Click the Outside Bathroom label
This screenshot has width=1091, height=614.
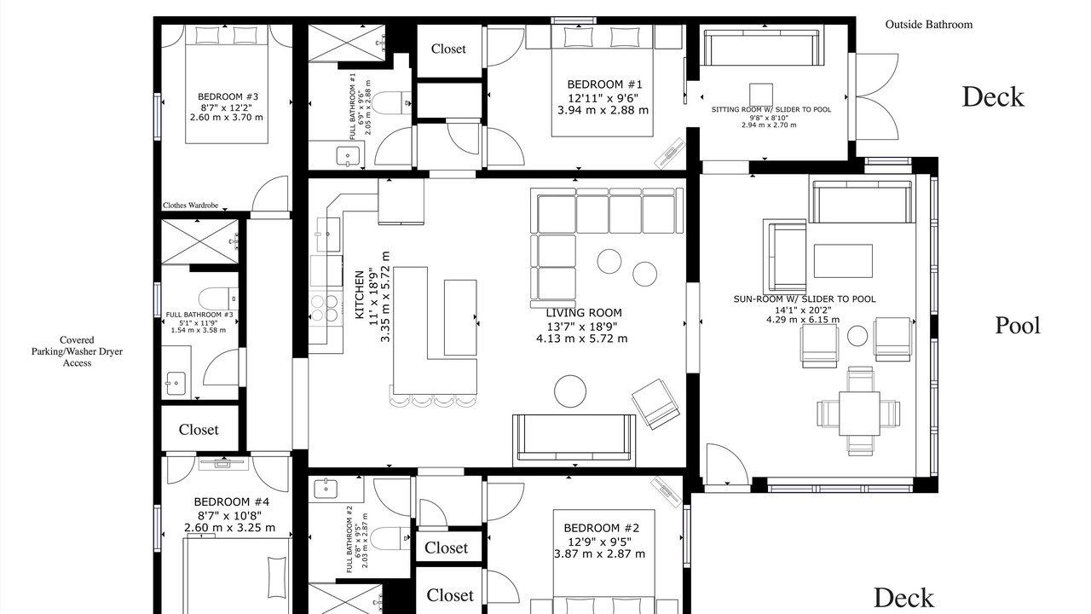point(928,25)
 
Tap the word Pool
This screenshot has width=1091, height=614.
point(1018,326)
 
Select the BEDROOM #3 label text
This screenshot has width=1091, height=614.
point(228,96)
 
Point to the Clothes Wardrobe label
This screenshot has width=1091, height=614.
point(190,206)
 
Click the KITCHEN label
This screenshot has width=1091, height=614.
point(360,295)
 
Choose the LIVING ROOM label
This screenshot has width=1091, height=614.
point(584,313)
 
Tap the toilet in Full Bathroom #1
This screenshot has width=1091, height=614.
point(391,103)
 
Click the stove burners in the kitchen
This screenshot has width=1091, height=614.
point(325,309)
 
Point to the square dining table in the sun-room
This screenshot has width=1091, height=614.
point(859,414)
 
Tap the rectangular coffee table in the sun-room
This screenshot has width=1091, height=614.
point(843,261)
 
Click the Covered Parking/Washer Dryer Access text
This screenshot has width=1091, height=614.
point(77,351)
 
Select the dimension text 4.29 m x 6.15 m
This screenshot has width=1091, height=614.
point(803,320)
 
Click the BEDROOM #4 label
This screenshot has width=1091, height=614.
point(231,502)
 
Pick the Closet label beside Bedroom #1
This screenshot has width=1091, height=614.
point(448,49)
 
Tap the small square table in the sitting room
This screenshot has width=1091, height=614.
point(761,95)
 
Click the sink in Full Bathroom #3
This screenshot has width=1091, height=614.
point(176,384)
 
